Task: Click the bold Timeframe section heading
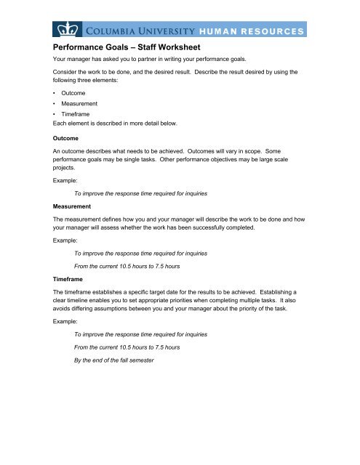(x=71, y=278)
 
